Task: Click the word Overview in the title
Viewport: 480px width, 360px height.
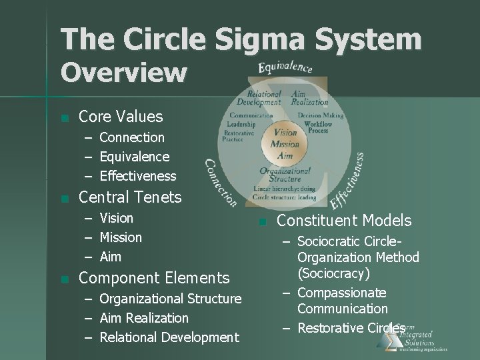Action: coord(124,72)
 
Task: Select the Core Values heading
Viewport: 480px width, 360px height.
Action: coord(121,117)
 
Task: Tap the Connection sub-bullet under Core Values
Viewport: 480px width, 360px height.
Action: coord(132,137)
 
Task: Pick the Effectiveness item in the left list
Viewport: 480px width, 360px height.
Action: coord(138,176)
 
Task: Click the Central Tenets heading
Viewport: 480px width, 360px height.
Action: coord(130,197)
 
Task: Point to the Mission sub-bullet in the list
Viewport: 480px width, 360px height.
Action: coord(121,237)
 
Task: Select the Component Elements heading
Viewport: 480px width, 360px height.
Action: coord(154,278)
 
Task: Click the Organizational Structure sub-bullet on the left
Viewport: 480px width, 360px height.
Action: coord(171,299)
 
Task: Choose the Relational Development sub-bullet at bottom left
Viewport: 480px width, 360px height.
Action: coord(169,337)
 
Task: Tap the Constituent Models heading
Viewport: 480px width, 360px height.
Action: coord(344,221)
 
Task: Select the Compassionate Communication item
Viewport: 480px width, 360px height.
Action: coord(342,301)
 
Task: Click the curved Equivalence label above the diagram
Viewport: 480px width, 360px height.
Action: coord(285,67)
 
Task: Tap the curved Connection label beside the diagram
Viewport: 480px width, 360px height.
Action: coord(221,182)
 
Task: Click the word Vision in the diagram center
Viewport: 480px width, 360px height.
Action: coord(285,133)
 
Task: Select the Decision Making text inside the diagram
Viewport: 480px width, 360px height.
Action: coord(321,115)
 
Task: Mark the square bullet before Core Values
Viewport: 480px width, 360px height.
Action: coord(63,118)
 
